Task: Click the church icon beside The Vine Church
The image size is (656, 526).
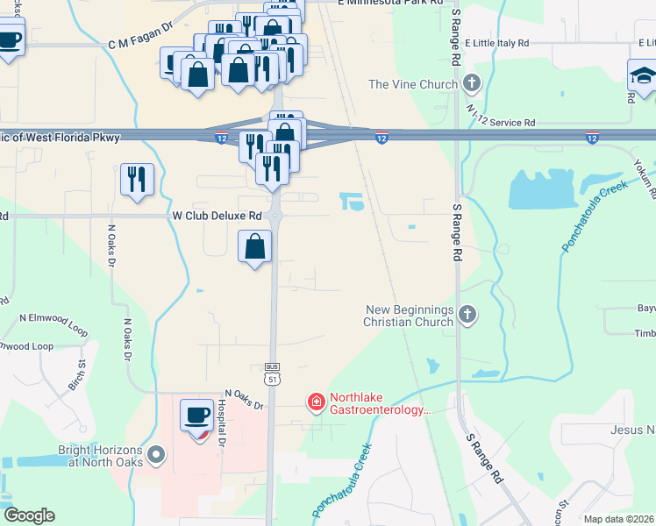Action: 472,85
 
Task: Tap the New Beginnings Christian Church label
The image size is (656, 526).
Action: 410,316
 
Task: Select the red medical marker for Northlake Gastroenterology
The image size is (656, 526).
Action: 315,402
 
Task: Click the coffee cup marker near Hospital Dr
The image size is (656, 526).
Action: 196,416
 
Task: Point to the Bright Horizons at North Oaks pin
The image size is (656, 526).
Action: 157,454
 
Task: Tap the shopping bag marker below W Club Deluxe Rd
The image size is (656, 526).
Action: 254,248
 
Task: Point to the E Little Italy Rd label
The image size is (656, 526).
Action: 497,42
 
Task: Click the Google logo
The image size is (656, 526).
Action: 29,515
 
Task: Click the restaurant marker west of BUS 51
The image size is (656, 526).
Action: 137,179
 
